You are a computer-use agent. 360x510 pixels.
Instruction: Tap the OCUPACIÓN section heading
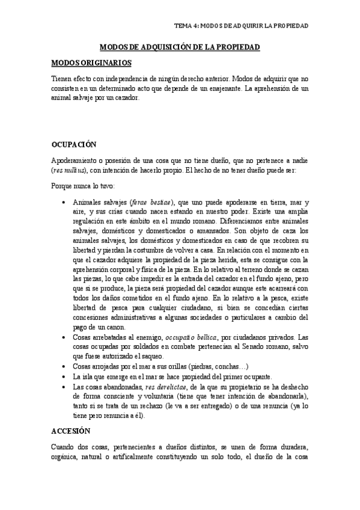pos(78,145)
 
